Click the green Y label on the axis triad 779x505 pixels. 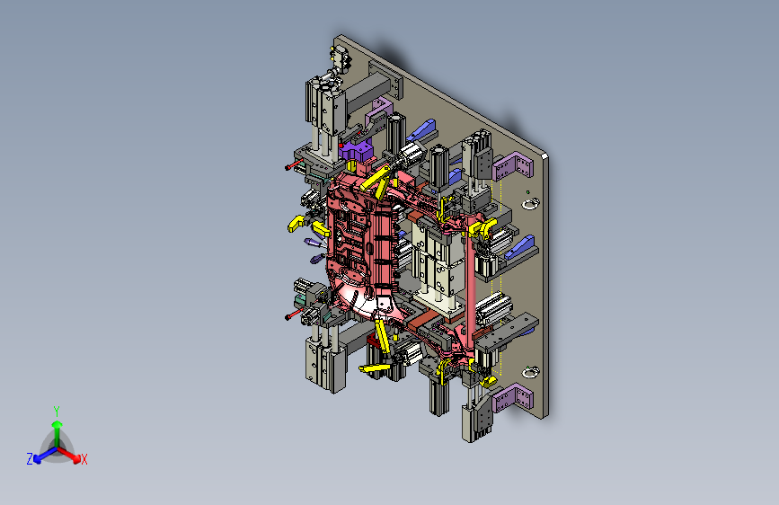[x=57, y=412]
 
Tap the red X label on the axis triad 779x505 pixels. [x=84, y=460]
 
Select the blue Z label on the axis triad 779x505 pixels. [x=30, y=459]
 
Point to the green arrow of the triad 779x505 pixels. [x=58, y=432]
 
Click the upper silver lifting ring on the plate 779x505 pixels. [x=531, y=203]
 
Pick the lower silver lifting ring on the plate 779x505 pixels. [x=531, y=371]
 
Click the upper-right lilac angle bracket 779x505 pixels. [x=513, y=166]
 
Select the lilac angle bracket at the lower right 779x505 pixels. [x=513, y=398]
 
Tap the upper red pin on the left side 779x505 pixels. [x=294, y=164]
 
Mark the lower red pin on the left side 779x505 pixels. [x=294, y=315]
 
